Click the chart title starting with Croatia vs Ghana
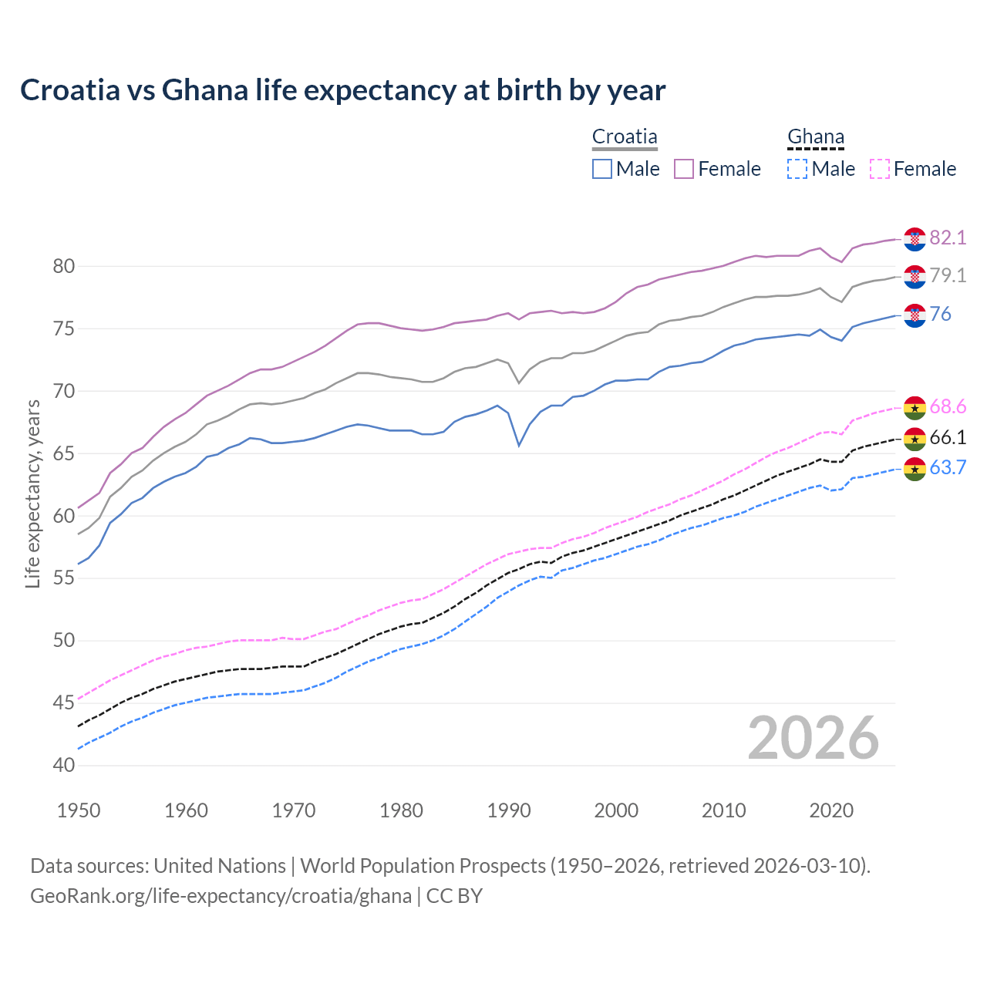342,90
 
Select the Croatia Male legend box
602,169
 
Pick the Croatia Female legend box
684,169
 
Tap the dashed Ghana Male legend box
797,169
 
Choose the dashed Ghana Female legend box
880,169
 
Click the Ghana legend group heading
816,137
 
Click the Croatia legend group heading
625,137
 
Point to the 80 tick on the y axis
64,267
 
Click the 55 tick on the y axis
64,578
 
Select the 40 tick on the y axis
64,765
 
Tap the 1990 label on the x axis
509,810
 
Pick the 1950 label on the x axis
79,810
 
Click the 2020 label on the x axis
831,810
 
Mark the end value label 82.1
948,238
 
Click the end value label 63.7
948,468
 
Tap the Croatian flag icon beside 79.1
915,277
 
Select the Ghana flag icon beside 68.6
915,408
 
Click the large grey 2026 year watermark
814,738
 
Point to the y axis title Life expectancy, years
32,493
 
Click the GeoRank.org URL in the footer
221,896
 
